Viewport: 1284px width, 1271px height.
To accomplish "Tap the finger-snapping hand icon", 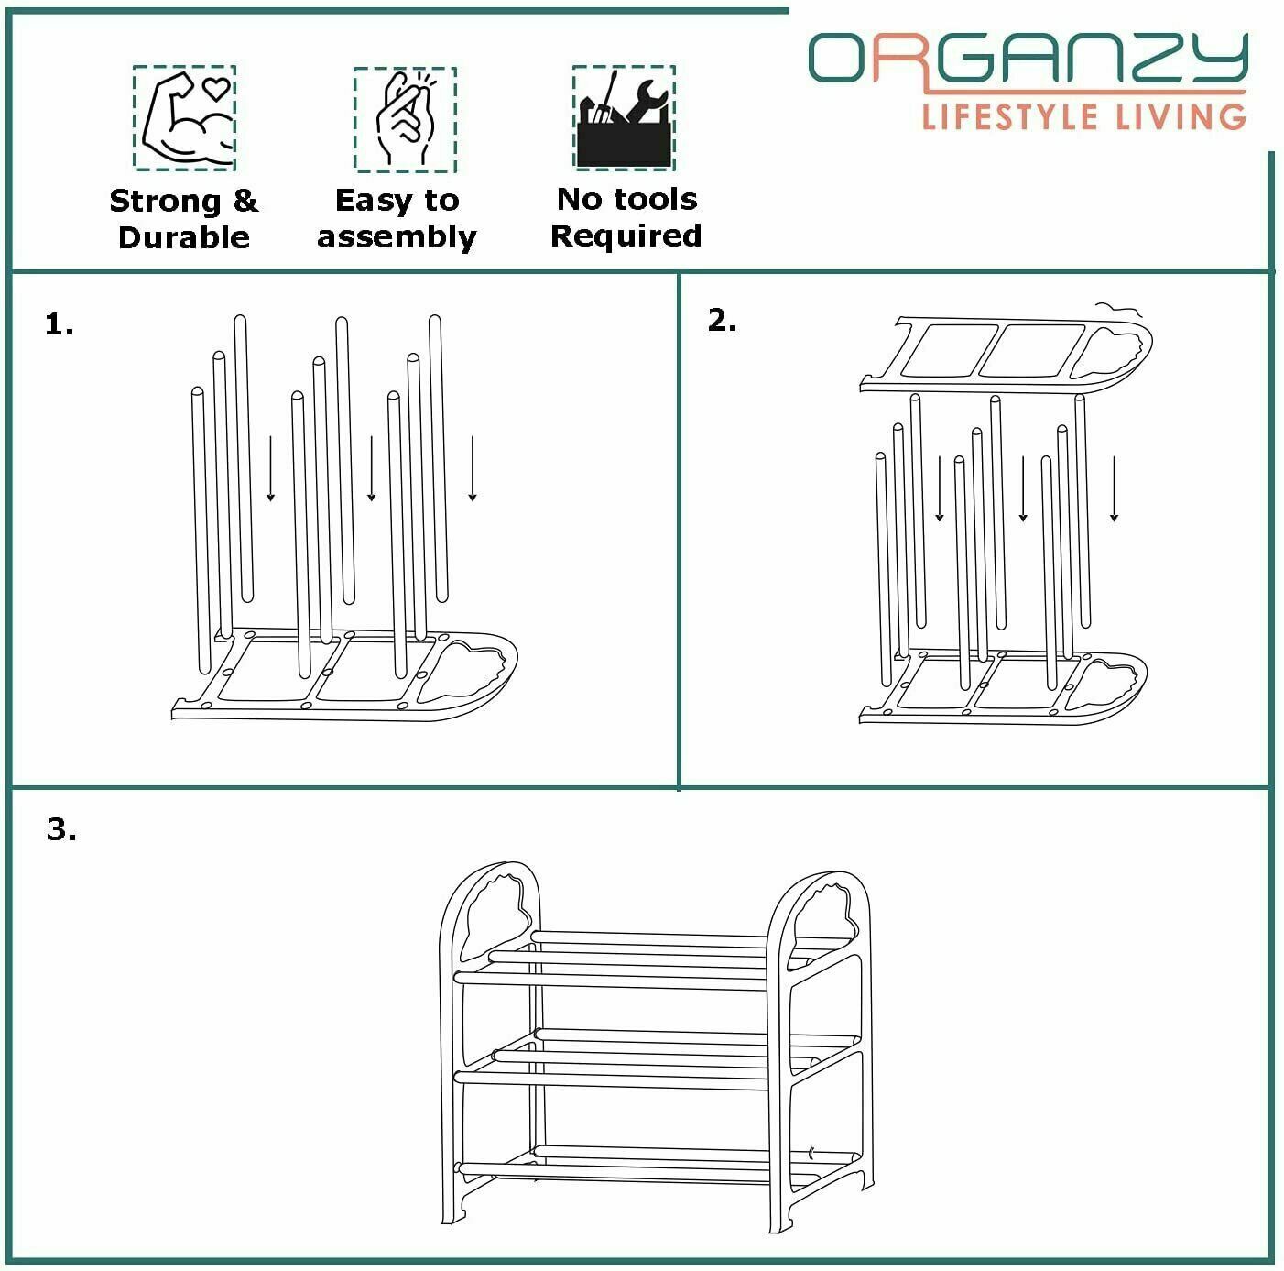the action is click(405, 119).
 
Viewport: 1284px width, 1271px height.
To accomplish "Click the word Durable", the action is click(184, 237).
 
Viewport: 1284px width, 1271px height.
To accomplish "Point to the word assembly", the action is click(397, 238).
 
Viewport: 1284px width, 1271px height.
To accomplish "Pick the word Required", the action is click(626, 236).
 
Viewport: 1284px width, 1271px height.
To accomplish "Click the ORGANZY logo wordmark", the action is click(1028, 58).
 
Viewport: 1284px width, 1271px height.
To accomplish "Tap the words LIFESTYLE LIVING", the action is click(1083, 116).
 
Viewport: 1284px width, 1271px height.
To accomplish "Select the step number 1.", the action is click(59, 324).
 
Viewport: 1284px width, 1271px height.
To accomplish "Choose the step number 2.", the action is click(722, 321).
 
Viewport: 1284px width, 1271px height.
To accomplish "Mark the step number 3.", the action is click(61, 829).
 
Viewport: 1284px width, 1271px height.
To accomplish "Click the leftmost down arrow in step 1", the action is click(270, 468).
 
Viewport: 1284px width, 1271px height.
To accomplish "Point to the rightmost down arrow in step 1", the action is click(473, 468).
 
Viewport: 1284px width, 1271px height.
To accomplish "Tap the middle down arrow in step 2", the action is click(1023, 488).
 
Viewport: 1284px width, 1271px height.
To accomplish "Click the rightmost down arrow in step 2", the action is click(1114, 488).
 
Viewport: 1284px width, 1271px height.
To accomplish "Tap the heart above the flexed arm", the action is click(216, 87).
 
